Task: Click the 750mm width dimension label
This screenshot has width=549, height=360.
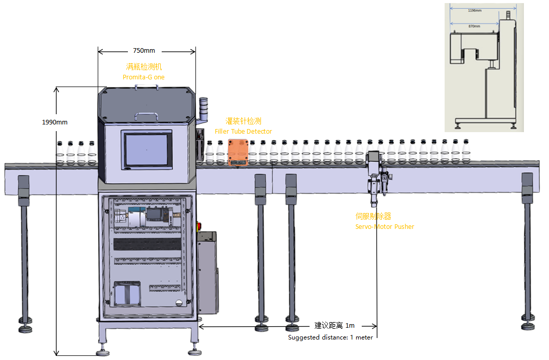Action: (x=144, y=51)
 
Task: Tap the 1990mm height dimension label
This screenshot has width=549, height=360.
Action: (x=55, y=122)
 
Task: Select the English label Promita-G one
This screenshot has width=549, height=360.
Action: (x=143, y=77)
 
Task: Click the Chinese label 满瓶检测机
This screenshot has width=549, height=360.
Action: (x=144, y=67)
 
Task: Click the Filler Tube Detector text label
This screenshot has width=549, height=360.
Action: (x=243, y=132)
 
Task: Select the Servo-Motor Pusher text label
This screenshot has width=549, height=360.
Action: (x=385, y=226)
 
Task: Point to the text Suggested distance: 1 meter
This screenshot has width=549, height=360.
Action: (x=330, y=337)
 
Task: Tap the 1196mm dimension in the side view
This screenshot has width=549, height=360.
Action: (x=475, y=10)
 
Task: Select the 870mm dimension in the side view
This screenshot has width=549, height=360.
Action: (x=474, y=26)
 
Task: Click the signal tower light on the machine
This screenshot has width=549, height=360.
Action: (x=203, y=110)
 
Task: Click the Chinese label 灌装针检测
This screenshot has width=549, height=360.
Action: (x=244, y=121)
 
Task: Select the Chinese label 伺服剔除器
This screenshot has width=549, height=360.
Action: (x=374, y=217)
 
